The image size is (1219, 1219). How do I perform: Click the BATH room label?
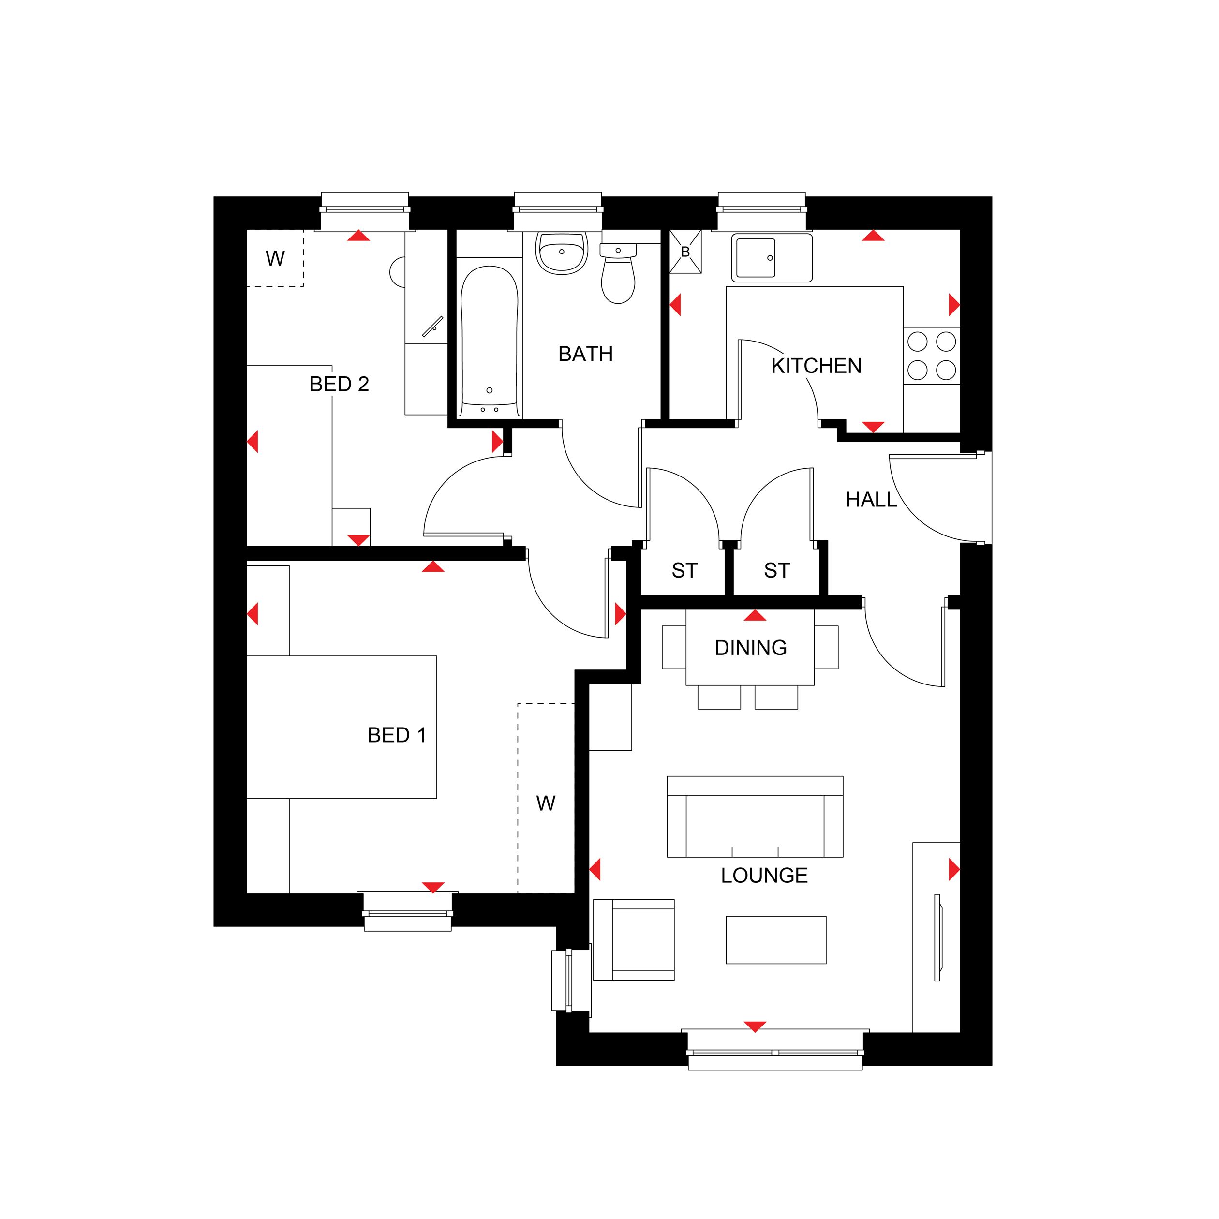[585, 354]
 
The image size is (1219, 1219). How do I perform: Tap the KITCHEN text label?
[816, 366]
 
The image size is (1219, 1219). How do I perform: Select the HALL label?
[871, 500]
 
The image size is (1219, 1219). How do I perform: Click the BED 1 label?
[397, 735]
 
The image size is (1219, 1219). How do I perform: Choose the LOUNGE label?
[764, 875]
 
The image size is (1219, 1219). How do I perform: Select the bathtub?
[489, 338]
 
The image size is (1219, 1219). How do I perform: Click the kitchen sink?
[772, 257]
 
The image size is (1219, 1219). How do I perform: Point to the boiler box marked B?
[685, 252]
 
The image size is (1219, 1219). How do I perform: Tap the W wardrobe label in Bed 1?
[546, 803]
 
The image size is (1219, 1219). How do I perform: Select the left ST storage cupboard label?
[684, 570]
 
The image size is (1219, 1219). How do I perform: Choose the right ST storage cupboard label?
[777, 570]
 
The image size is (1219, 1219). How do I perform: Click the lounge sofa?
[755, 817]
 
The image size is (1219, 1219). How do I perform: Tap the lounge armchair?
[634, 939]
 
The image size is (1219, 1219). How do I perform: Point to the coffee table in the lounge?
[776, 939]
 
